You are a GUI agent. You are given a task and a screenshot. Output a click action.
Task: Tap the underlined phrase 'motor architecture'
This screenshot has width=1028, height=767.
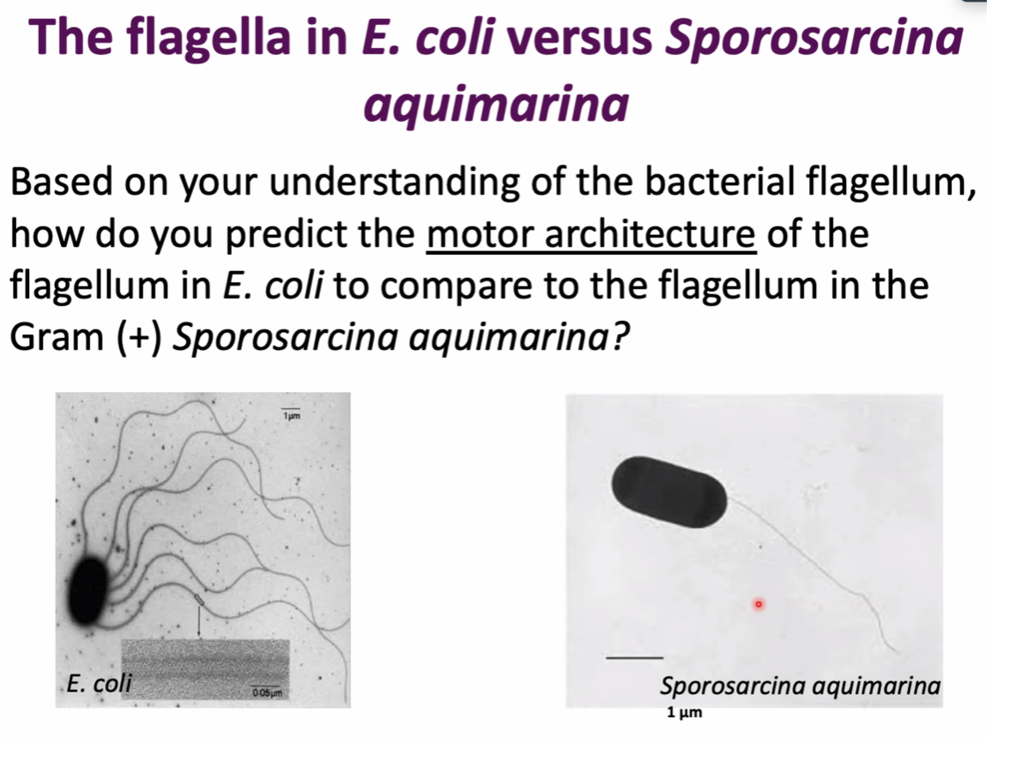coord(591,234)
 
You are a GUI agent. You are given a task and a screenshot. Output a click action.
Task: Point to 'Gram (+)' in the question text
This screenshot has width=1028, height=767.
coord(86,338)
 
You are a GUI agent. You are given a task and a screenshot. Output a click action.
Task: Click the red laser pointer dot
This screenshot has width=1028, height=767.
coord(758,606)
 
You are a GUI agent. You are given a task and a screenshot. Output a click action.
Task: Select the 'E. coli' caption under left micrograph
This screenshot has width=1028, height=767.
coord(98,684)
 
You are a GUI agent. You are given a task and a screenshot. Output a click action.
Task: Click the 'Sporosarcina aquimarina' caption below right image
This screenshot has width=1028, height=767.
coord(800,686)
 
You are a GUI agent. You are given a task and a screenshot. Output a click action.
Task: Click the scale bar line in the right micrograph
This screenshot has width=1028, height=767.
coord(634,658)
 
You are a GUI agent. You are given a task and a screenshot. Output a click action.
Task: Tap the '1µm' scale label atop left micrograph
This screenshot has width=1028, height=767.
coord(290,415)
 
